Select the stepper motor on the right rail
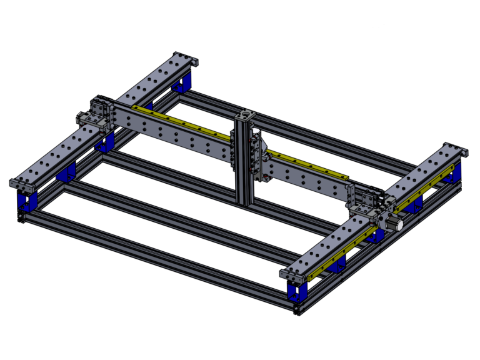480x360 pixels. (392, 222)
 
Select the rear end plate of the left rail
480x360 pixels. (187, 59)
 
